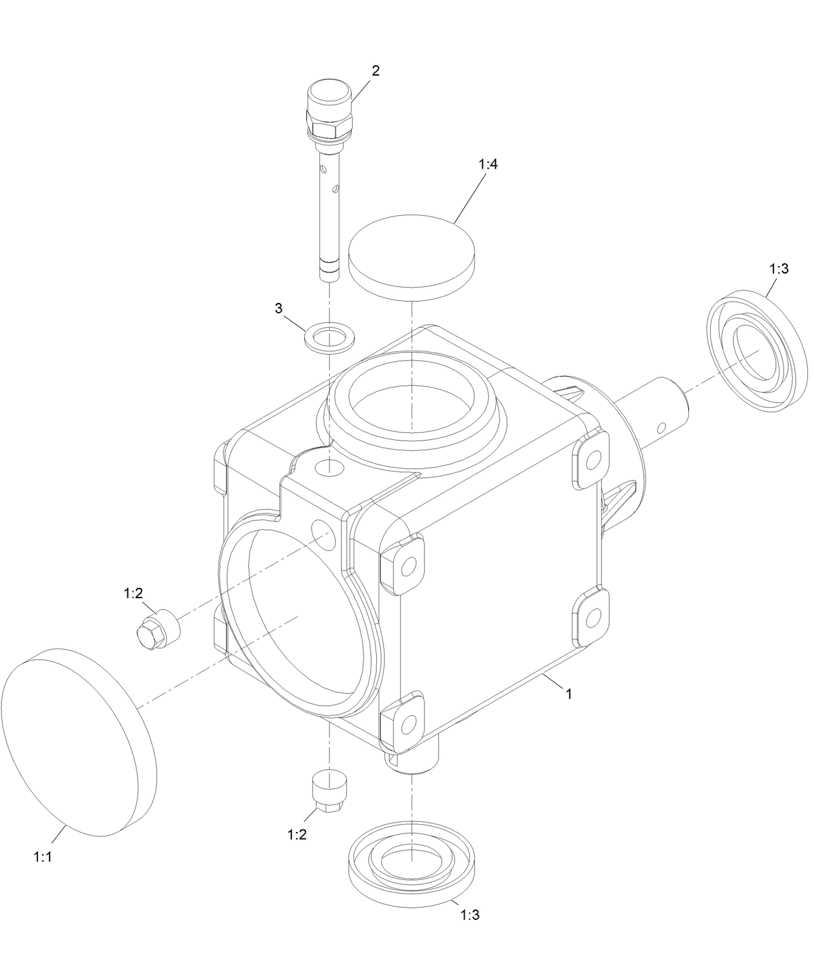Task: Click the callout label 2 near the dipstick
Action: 375,71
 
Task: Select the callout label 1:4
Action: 488,165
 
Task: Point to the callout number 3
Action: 279,308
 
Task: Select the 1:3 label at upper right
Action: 779,269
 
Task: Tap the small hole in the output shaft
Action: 661,427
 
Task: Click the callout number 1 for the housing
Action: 568,694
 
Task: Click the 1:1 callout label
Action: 42,857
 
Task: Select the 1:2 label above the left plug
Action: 132,594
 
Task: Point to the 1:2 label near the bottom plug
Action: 297,835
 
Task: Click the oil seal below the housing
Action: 412,859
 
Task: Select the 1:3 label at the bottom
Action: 470,915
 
